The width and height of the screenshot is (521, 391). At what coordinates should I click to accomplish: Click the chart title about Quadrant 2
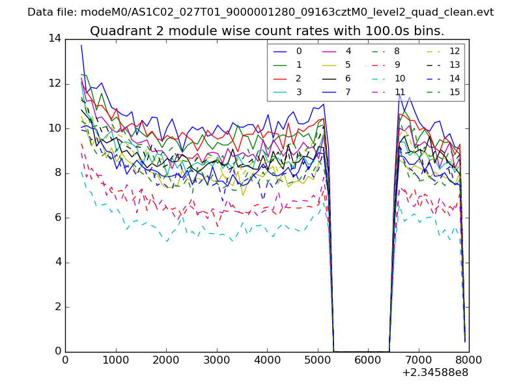click(267, 31)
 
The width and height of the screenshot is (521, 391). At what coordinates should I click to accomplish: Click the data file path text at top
click(260, 12)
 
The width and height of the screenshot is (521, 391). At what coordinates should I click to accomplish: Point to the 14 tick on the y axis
click(55, 39)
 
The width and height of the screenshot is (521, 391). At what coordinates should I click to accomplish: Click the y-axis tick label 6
click(58, 218)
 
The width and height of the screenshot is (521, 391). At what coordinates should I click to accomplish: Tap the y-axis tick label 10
click(55, 128)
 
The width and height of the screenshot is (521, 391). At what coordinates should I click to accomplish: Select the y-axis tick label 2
click(58, 307)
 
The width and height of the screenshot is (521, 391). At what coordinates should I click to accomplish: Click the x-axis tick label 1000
click(115, 359)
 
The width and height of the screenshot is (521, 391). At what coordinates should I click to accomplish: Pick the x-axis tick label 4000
click(267, 359)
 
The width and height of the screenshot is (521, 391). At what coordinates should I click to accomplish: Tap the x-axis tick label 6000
click(368, 359)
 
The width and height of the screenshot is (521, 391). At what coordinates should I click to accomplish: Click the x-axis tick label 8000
click(469, 359)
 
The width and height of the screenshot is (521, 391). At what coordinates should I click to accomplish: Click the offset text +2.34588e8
click(436, 373)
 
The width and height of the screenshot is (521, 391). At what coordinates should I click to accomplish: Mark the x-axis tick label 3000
click(216, 359)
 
